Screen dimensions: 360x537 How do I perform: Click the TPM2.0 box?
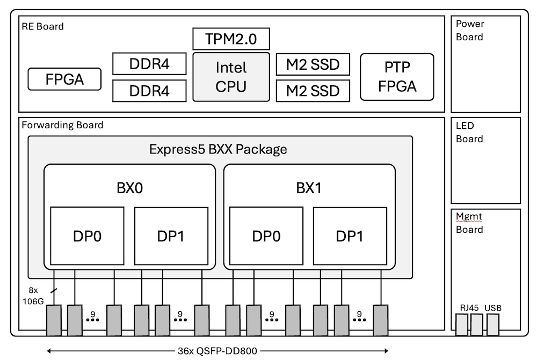click(x=231, y=39)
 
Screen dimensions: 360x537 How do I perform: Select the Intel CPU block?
click(x=231, y=77)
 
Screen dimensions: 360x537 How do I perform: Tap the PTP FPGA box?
click(x=397, y=77)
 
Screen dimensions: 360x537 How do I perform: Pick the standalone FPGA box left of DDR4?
click(x=64, y=79)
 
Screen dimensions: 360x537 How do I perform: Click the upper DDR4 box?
click(x=149, y=64)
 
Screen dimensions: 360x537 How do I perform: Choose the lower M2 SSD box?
click(x=313, y=91)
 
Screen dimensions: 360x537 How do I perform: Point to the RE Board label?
click(x=42, y=26)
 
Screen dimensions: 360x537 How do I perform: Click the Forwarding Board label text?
click(x=62, y=126)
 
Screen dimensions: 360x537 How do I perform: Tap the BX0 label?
click(x=129, y=188)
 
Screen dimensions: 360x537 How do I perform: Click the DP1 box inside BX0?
click(x=171, y=236)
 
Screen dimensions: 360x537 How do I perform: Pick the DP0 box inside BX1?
click(x=266, y=236)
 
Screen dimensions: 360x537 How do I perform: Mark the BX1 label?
click(x=309, y=188)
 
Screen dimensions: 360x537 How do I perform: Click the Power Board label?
click(x=469, y=31)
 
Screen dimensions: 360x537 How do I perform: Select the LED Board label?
click(x=469, y=133)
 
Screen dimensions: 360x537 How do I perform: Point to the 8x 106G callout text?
click(x=33, y=296)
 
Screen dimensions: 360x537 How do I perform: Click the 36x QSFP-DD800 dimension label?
click(x=217, y=351)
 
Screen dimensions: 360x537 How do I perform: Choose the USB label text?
click(x=492, y=308)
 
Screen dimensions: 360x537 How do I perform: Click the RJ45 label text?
click(x=469, y=308)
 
